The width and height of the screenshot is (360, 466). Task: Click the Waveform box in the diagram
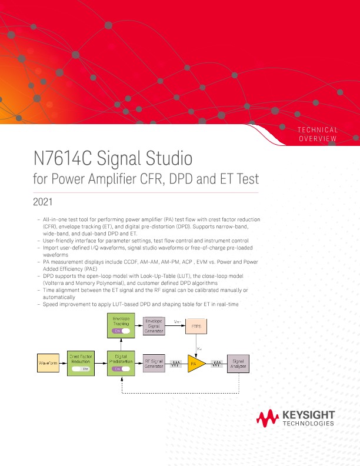click(48, 364)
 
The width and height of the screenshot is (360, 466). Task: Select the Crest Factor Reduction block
click(81, 364)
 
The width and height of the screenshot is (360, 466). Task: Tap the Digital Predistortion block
click(122, 364)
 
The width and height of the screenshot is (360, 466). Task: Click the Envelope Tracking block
click(122, 325)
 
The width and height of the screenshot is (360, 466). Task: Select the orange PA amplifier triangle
click(194, 364)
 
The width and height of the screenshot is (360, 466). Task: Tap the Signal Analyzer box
click(238, 364)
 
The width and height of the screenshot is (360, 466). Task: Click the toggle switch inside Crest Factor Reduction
click(81, 369)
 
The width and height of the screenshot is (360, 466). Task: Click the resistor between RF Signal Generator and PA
click(175, 364)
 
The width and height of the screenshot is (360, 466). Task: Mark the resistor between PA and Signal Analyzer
click(216, 364)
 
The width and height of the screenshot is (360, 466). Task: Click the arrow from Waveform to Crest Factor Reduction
click(64, 364)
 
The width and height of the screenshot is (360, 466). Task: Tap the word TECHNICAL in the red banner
click(318, 129)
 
